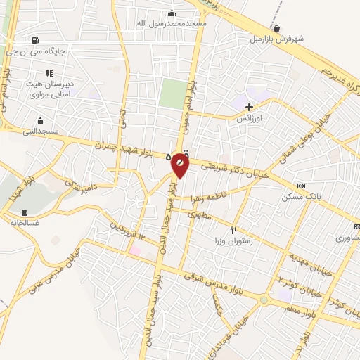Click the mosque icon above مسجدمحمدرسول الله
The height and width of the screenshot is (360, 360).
point(172,13)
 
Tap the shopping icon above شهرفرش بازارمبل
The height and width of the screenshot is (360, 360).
point(278,28)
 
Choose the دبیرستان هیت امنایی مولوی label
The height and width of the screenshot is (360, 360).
point(49,86)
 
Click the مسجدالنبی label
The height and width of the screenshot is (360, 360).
point(41,130)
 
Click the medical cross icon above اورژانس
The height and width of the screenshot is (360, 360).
point(250,107)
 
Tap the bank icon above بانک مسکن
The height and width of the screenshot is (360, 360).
point(302,186)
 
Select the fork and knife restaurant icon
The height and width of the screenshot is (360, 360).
point(234,230)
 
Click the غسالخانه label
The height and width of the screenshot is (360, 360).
point(25,222)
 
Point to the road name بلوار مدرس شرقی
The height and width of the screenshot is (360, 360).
point(211,278)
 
